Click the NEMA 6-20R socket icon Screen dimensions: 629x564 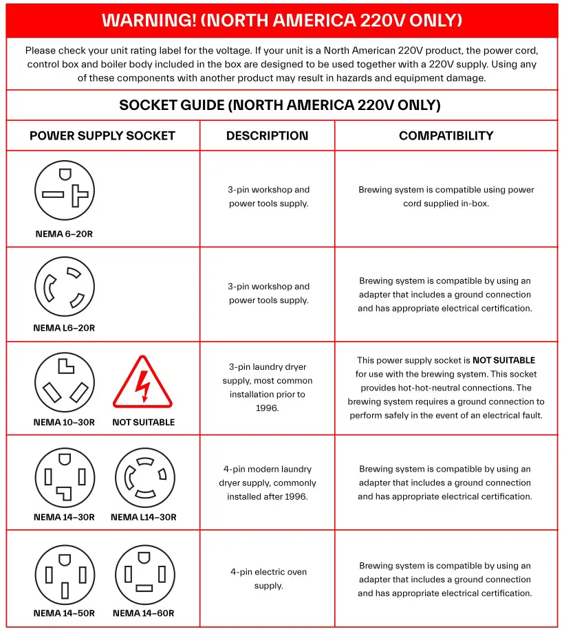(x=65, y=190)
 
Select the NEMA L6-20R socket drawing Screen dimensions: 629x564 (x=65, y=287)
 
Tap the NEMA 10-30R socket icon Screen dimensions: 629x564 (x=65, y=382)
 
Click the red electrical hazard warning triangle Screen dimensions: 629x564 (x=142, y=382)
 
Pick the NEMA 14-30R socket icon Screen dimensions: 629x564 (x=65, y=478)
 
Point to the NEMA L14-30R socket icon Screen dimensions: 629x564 (x=144, y=478)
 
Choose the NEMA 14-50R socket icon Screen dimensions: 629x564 (x=65, y=574)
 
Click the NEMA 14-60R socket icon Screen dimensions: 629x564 (x=144, y=574)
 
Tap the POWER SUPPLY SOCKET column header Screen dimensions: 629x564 (x=102, y=135)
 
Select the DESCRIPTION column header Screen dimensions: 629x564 (x=267, y=135)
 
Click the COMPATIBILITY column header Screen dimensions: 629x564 (x=446, y=135)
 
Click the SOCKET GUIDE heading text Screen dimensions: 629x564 (x=280, y=105)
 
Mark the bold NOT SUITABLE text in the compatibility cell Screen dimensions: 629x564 (x=503, y=360)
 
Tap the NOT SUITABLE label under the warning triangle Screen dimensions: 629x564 (x=143, y=422)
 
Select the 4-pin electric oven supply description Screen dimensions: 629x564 (x=268, y=579)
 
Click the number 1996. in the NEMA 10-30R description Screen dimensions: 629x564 (x=268, y=408)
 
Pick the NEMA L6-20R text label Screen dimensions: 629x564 (x=64, y=328)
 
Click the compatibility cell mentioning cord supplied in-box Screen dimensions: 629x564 (x=446, y=197)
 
